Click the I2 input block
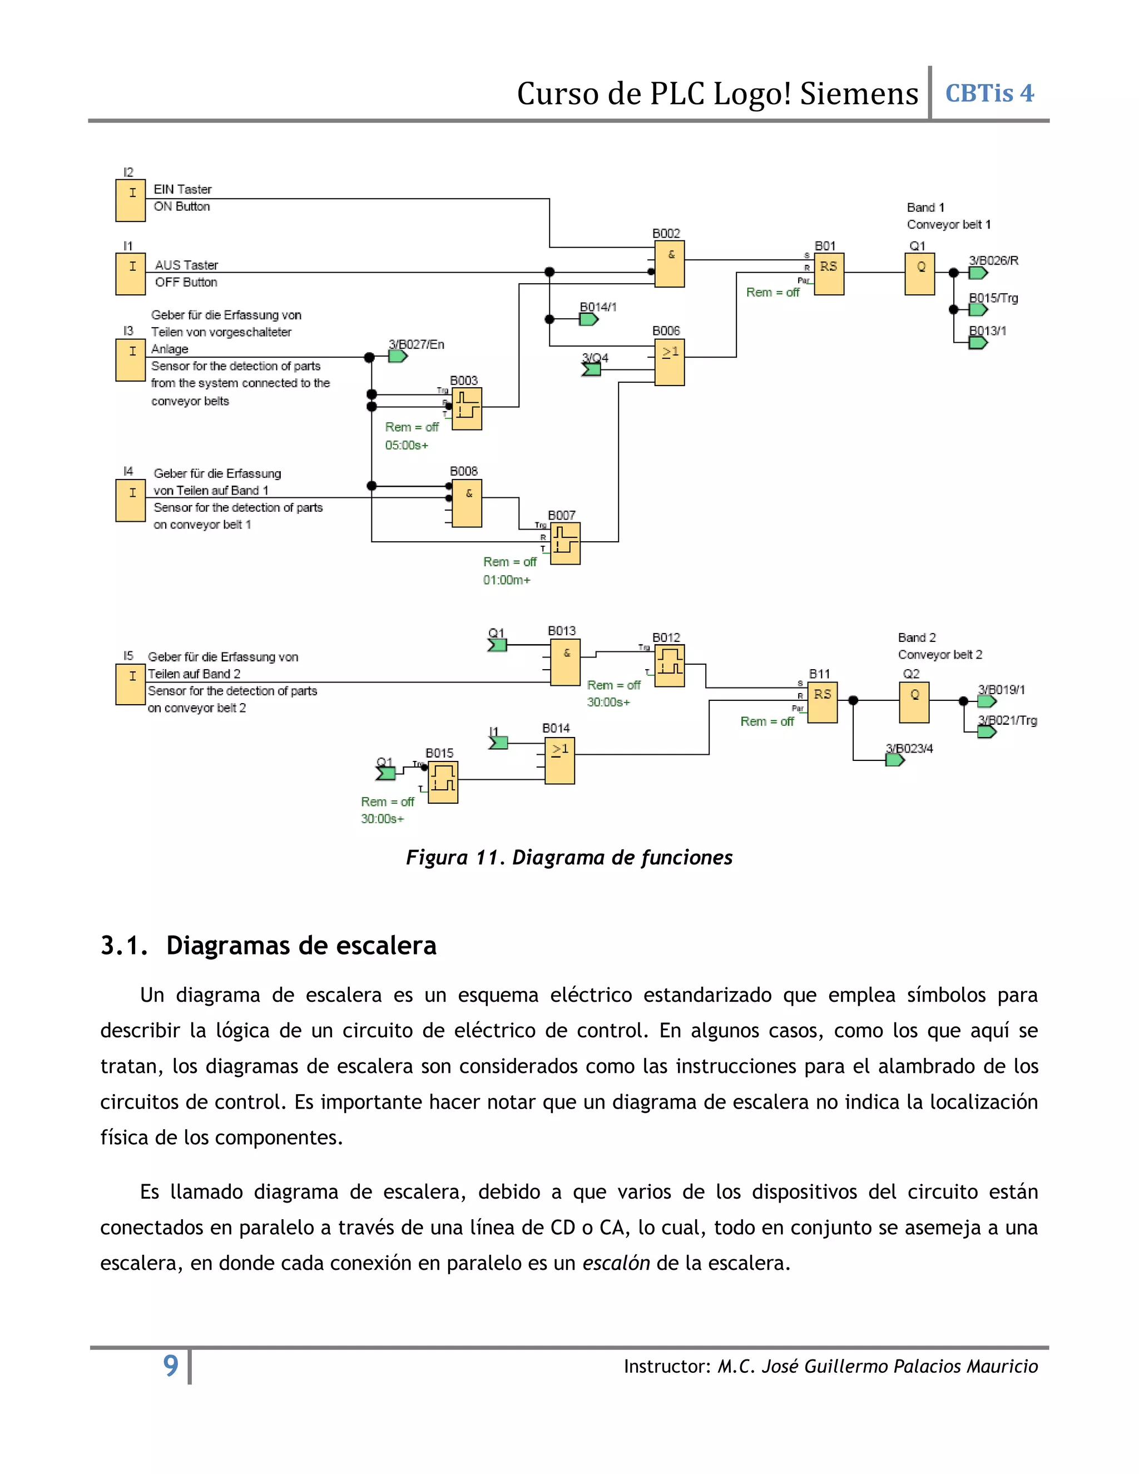pyautogui.click(x=130, y=200)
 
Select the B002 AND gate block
pyautogui.click(x=670, y=264)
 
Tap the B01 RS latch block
pyautogui.click(x=829, y=274)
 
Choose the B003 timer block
pyautogui.click(x=467, y=408)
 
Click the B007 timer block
pyautogui.click(x=566, y=543)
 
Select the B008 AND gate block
pyautogui.click(x=467, y=503)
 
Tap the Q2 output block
pyautogui.click(x=914, y=703)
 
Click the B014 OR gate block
pyautogui.click(x=559, y=760)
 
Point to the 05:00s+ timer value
pyautogui.click(x=406, y=446)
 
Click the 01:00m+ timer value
pyautogui.click(x=506, y=580)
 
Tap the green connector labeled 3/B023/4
pyautogui.click(x=894, y=760)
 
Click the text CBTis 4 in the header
pyautogui.click(x=989, y=93)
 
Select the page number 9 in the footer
pyautogui.click(x=171, y=1366)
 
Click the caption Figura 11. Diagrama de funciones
pyautogui.click(x=569, y=857)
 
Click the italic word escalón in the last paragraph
pyautogui.click(x=616, y=1263)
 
